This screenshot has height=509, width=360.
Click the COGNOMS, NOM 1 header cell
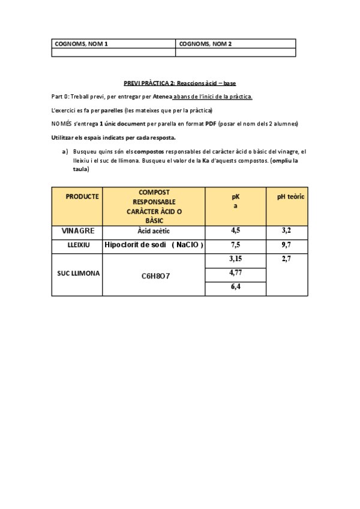point(81,44)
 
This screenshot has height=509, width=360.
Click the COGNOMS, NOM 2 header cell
point(205,44)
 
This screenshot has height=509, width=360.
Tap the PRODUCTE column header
point(82,196)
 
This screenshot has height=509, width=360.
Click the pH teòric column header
point(290,196)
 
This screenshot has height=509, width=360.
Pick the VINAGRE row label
point(78,230)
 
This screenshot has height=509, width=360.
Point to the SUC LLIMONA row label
point(78,273)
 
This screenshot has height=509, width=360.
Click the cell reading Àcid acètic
point(154,230)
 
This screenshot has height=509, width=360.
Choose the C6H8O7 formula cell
point(155,276)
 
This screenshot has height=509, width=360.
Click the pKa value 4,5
point(235,230)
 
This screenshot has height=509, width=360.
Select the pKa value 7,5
point(235,245)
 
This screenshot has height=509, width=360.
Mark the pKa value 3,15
point(235,259)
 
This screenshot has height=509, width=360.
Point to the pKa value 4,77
point(235,273)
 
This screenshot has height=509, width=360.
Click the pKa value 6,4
point(235,288)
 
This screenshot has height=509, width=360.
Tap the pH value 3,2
point(286,230)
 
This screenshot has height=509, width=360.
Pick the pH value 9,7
point(286,245)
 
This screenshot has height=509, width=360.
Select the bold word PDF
point(210,124)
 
